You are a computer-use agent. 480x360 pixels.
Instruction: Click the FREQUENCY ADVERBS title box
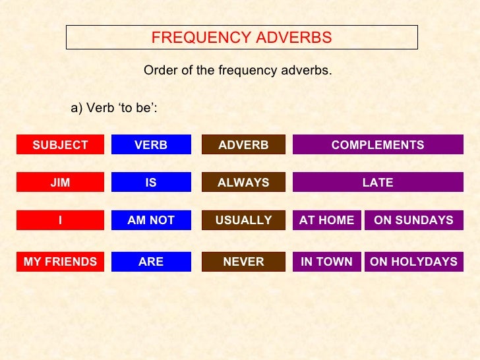pyautogui.click(x=241, y=38)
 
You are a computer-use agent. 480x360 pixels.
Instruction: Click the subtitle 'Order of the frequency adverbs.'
pyautogui.click(x=238, y=71)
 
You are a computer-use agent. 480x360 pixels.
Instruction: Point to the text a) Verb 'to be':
pyautogui.click(x=113, y=108)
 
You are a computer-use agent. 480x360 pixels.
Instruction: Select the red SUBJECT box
pyautogui.click(x=60, y=145)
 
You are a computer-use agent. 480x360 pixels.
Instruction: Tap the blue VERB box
pyautogui.click(x=151, y=145)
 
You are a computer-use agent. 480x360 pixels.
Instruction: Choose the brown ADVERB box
pyautogui.click(x=243, y=145)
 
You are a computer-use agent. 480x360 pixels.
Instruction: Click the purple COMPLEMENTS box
pyautogui.click(x=378, y=145)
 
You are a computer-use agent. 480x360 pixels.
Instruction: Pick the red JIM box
pyautogui.click(x=60, y=183)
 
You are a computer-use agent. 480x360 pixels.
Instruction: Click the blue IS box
pyautogui.click(x=151, y=183)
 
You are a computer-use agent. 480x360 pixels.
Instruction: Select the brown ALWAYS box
pyautogui.click(x=243, y=183)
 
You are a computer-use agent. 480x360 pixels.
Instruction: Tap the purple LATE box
pyautogui.click(x=378, y=183)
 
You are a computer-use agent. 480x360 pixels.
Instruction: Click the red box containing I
pyautogui.click(x=60, y=220)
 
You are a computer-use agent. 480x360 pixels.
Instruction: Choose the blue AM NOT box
pyautogui.click(x=151, y=220)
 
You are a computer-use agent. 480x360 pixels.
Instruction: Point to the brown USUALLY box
pyautogui.click(x=243, y=220)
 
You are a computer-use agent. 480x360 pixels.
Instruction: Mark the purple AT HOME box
pyautogui.click(x=326, y=220)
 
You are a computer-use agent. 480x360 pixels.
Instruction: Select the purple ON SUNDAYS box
pyautogui.click(x=413, y=220)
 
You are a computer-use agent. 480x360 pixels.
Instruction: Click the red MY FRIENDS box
pyautogui.click(x=60, y=262)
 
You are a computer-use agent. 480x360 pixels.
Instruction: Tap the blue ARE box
pyautogui.click(x=151, y=262)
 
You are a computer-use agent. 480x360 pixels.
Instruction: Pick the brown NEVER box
pyautogui.click(x=243, y=262)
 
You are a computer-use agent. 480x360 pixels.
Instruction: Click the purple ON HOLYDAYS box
pyautogui.click(x=413, y=262)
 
